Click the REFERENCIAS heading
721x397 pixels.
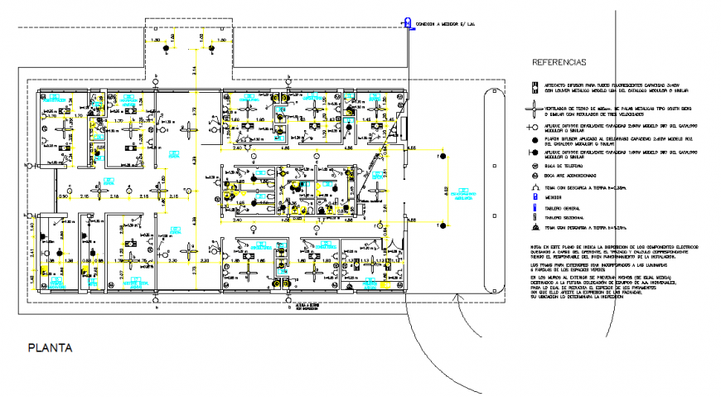pos(559,62)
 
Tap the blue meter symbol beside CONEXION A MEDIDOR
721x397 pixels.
pos(407,24)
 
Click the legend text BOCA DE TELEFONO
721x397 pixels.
pos(566,167)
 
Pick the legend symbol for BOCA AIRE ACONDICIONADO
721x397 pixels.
pos(536,177)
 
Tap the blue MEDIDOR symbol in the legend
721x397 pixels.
pos(536,198)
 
